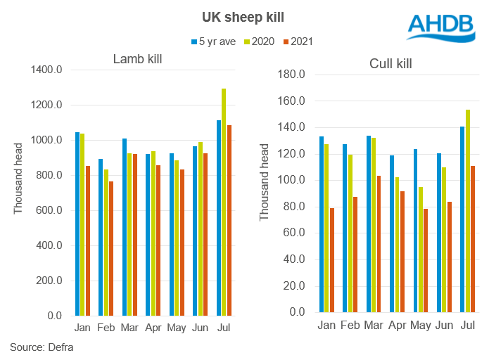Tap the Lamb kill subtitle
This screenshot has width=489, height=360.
[137, 59]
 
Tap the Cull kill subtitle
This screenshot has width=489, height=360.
[390, 64]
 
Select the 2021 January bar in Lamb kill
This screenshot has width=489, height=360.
[87, 241]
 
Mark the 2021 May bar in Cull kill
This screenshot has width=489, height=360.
[425, 260]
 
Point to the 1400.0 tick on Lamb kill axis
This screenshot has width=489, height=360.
[47, 70]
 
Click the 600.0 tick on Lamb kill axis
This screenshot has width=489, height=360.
[49, 211]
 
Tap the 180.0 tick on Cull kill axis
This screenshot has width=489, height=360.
[292, 75]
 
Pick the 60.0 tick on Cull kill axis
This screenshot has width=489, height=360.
[294, 233]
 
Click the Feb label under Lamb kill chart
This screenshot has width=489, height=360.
[106, 328]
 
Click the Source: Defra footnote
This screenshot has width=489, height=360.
[42, 347]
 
